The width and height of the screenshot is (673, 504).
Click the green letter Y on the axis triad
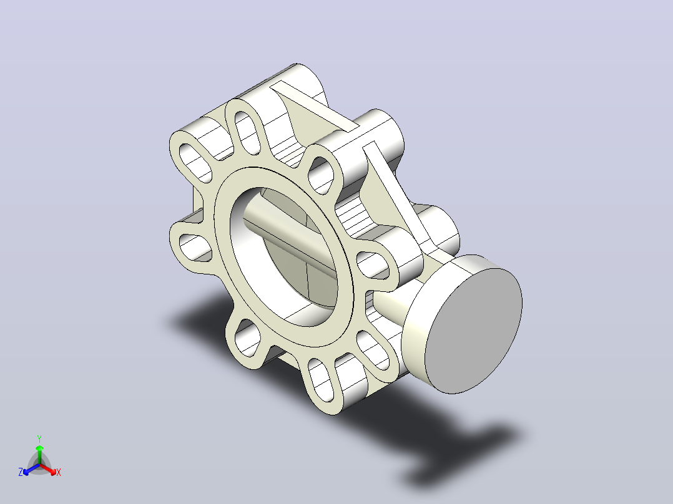point(39,439)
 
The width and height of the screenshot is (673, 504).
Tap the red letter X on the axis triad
point(59,472)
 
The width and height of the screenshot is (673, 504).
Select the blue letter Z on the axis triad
point(21,472)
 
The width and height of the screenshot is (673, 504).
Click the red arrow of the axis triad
point(49,469)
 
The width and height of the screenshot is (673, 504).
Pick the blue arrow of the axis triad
point(31,469)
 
